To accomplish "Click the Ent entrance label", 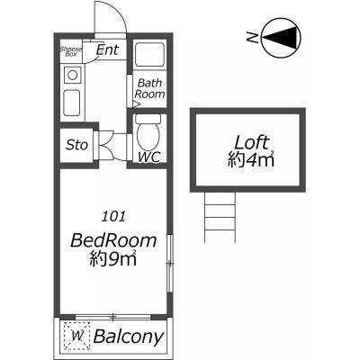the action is tap(107, 49).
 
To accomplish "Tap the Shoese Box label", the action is tap(71, 51).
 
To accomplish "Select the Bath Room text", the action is tap(149, 88).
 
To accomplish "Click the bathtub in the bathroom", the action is tap(149, 54).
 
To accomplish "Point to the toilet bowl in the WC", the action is tap(148, 132).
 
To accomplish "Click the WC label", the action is tap(149, 157).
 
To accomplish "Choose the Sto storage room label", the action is tap(76, 145).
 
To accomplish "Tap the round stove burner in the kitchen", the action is tap(73, 75).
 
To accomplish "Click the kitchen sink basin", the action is tap(72, 103).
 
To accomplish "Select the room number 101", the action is tap(113, 217).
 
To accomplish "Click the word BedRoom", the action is tap(113, 240).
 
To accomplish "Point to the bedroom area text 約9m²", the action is tap(113, 258).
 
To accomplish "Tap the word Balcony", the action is tap(129, 337).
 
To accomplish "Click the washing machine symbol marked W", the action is tap(77, 336).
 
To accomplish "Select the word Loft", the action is tap(251, 143).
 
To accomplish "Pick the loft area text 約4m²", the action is tap(251, 159).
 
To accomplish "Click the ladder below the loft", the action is tap(220, 217).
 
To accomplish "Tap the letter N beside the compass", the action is tap(253, 38).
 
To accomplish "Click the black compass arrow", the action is tap(282, 38).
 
